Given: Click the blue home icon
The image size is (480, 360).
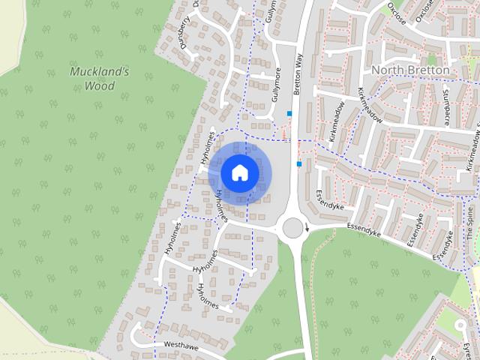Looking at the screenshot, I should pyautogui.click(x=239, y=172).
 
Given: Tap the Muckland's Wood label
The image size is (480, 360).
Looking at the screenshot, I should pyautogui.click(x=100, y=78).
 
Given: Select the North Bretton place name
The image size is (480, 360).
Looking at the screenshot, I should pyautogui.click(x=411, y=70).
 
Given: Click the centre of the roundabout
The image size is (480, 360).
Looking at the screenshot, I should pyautogui.click(x=292, y=227).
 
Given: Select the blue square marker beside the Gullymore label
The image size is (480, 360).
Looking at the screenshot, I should pyautogui.click(x=289, y=113).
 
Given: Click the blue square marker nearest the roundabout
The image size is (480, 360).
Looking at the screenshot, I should pyautogui.click(x=298, y=163).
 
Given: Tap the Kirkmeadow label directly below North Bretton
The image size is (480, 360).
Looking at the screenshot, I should pyautogui.click(x=370, y=104).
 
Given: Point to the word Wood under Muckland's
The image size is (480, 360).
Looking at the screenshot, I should pyautogui.click(x=99, y=85).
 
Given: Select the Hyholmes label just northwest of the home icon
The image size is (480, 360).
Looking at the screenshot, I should pyautogui.click(x=208, y=147).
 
